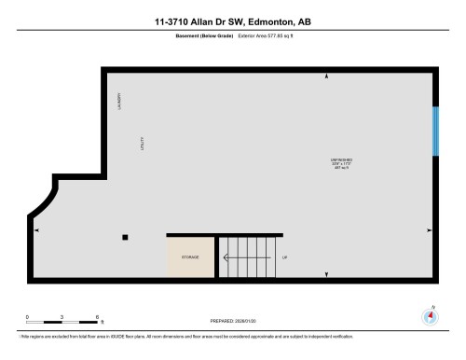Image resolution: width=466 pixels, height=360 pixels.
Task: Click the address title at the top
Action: click(233, 20)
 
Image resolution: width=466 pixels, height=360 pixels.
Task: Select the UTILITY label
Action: click(143, 147)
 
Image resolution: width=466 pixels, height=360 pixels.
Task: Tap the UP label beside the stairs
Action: click(283, 256)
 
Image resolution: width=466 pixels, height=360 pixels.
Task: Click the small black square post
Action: click(126, 237)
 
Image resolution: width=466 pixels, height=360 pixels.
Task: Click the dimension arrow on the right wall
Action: click(429, 229)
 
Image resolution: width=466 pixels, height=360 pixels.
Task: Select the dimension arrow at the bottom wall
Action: click(326, 273)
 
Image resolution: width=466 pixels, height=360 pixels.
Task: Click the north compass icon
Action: click(430, 315)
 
